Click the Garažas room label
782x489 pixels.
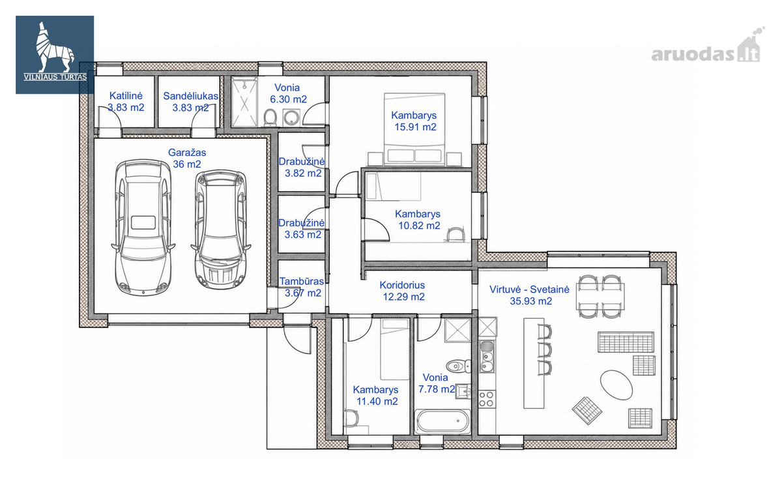187,153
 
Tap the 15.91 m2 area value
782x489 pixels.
416,127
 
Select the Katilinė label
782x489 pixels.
126,96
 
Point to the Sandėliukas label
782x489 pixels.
190,96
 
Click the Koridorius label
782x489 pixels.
402,285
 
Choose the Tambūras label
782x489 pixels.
302,281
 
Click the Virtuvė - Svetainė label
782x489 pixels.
529,289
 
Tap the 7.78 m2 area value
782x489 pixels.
437,389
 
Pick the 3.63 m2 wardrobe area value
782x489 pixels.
302,235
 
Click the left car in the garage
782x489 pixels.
143,228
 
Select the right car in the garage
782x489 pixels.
221,230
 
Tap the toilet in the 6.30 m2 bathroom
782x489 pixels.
270,117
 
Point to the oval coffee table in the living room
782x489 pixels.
616,385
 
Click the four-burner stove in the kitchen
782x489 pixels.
487,399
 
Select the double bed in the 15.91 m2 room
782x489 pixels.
414,129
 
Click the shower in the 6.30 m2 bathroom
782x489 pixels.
245,102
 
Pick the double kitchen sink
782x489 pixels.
487,356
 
